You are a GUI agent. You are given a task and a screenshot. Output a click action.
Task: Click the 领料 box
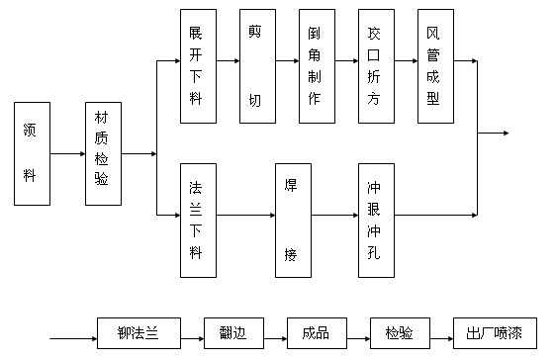coord(32,153)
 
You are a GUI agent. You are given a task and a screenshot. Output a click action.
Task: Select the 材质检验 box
coord(103,153)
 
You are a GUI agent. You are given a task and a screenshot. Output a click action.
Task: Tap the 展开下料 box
coord(197,66)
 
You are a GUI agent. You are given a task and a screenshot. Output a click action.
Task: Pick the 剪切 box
coord(257,66)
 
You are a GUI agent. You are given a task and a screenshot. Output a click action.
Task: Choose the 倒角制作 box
coord(316,66)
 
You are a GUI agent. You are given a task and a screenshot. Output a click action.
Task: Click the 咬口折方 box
coord(375,66)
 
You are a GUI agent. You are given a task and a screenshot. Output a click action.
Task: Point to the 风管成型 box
coord(434,66)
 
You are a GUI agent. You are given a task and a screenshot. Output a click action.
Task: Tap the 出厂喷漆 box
coord(487,332)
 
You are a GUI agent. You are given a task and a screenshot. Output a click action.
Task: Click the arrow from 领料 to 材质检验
coord(67,153)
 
